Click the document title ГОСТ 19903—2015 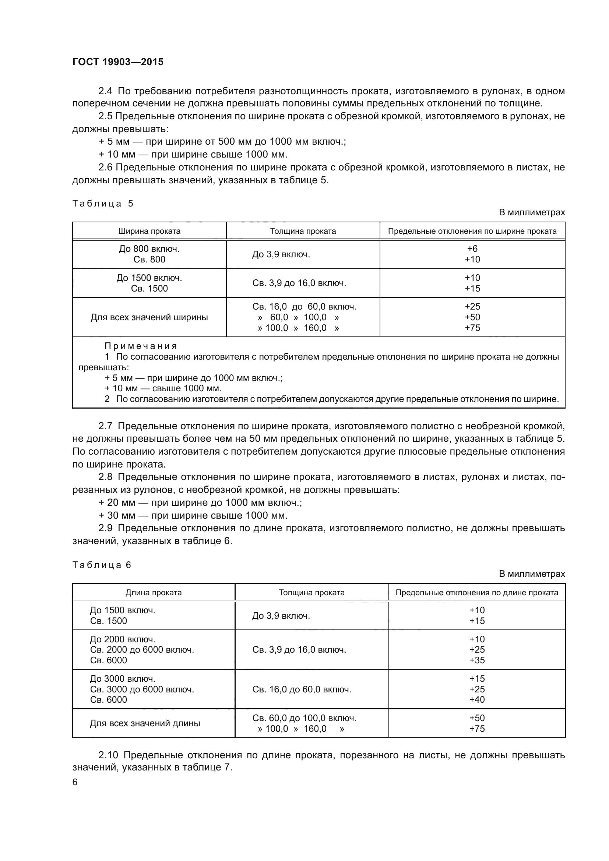pyautogui.click(x=118, y=62)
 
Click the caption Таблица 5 pyautogui.click(x=103, y=204)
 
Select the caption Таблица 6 pyautogui.click(x=102, y=565)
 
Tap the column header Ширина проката pyautogui.click(x=149, y=231)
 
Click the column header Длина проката pyautogui.click(x=154, y=593)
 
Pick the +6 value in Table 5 pyautogui.click(x=472, y=248)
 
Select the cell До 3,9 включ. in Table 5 pyautogui.click(x=281, y=255)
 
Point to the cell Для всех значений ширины pyautogui.click(x=149, y=317)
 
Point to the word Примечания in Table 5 pyautogui.click(x=141, y=346)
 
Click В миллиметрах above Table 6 pyautogui.click(x=531, y=574)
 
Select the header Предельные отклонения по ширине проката pyautogui.click(x=472, y=231)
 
